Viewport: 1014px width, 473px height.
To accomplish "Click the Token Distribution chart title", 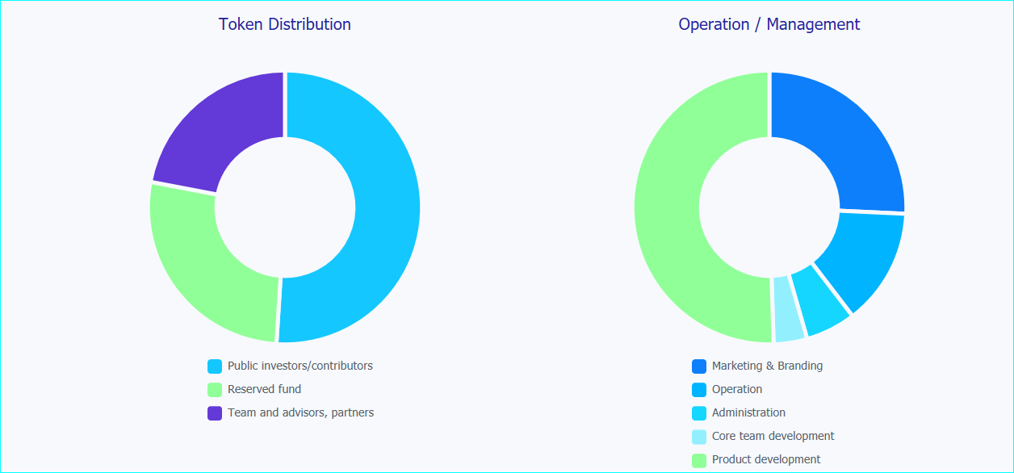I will click(x=284, y=24).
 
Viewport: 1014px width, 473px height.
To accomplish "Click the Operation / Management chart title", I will click(x=769, y=24).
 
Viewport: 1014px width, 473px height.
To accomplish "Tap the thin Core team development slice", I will click(x=787, y=309).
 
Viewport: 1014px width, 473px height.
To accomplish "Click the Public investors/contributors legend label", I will click(x=300, y=366).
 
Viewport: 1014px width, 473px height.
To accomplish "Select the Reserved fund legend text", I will click(x=264, y=389).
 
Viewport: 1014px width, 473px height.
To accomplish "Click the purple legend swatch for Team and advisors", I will click(x=215, y=413).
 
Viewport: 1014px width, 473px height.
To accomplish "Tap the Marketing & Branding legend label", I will click(x=767, y=366).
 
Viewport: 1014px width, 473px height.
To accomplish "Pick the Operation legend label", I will click(x=736, y=389).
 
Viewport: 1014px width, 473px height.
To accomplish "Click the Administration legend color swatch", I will click(x=699, y=413).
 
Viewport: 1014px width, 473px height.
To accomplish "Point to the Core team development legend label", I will click(x=773, y=436).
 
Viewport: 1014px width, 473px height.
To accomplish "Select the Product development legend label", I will click(x=765, y=459).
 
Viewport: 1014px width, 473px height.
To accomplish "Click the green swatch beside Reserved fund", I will click(x=215, y=390).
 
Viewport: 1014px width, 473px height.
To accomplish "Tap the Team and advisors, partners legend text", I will click(x=300, y=412).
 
